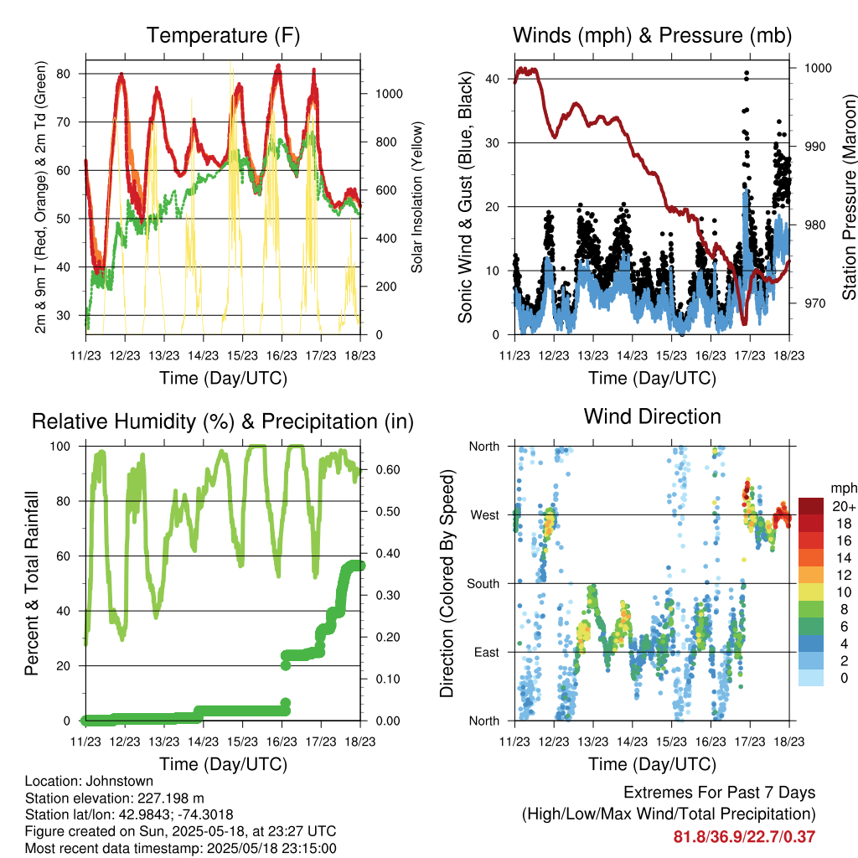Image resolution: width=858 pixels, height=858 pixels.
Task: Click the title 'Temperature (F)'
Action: [x=223, y=35]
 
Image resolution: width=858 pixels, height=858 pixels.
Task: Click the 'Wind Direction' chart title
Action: [x=652, y=417]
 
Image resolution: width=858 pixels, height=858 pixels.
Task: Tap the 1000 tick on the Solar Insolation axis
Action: [x=389, y=94]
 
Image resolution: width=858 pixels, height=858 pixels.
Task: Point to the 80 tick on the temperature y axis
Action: [x=64, y=74]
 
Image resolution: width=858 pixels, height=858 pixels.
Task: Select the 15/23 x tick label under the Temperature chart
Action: [x=242, y=355]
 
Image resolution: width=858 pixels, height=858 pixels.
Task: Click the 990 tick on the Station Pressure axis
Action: [x=815, y=147]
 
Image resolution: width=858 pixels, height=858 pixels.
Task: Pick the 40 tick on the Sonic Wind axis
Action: [x=492, y=79]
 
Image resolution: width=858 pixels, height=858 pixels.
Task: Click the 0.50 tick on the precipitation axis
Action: [x=388, y=512]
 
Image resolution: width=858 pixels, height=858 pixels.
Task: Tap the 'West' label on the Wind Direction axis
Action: [x=485, y=515]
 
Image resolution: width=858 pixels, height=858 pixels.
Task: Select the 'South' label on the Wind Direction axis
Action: [x=483, y=584]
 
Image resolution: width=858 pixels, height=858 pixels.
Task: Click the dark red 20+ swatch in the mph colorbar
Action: [x=811, y=505]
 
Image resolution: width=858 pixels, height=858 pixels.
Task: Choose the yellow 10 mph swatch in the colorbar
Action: [x=811, y=592]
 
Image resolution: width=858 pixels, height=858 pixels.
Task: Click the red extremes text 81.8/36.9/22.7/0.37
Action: [x=744, y=837]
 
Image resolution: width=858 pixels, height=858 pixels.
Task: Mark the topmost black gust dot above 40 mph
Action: [x=747, y=73]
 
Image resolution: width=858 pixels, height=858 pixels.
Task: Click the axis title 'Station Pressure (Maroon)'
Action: [x=849, y=198]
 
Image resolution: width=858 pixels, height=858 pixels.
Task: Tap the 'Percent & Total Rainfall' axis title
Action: [x=32, y=583]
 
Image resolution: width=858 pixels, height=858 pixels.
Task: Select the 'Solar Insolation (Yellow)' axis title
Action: [x=417, y=197]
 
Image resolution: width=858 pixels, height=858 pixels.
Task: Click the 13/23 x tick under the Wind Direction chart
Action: [x=593, y=742]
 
